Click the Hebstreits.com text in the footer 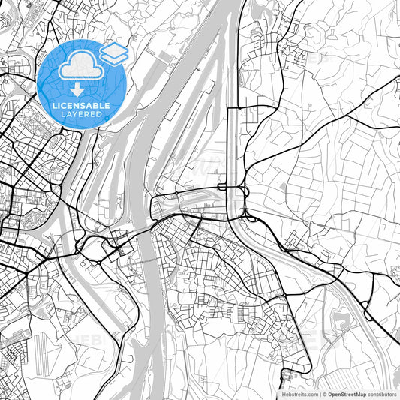299,393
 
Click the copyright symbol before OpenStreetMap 323,393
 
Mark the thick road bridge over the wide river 143,230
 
